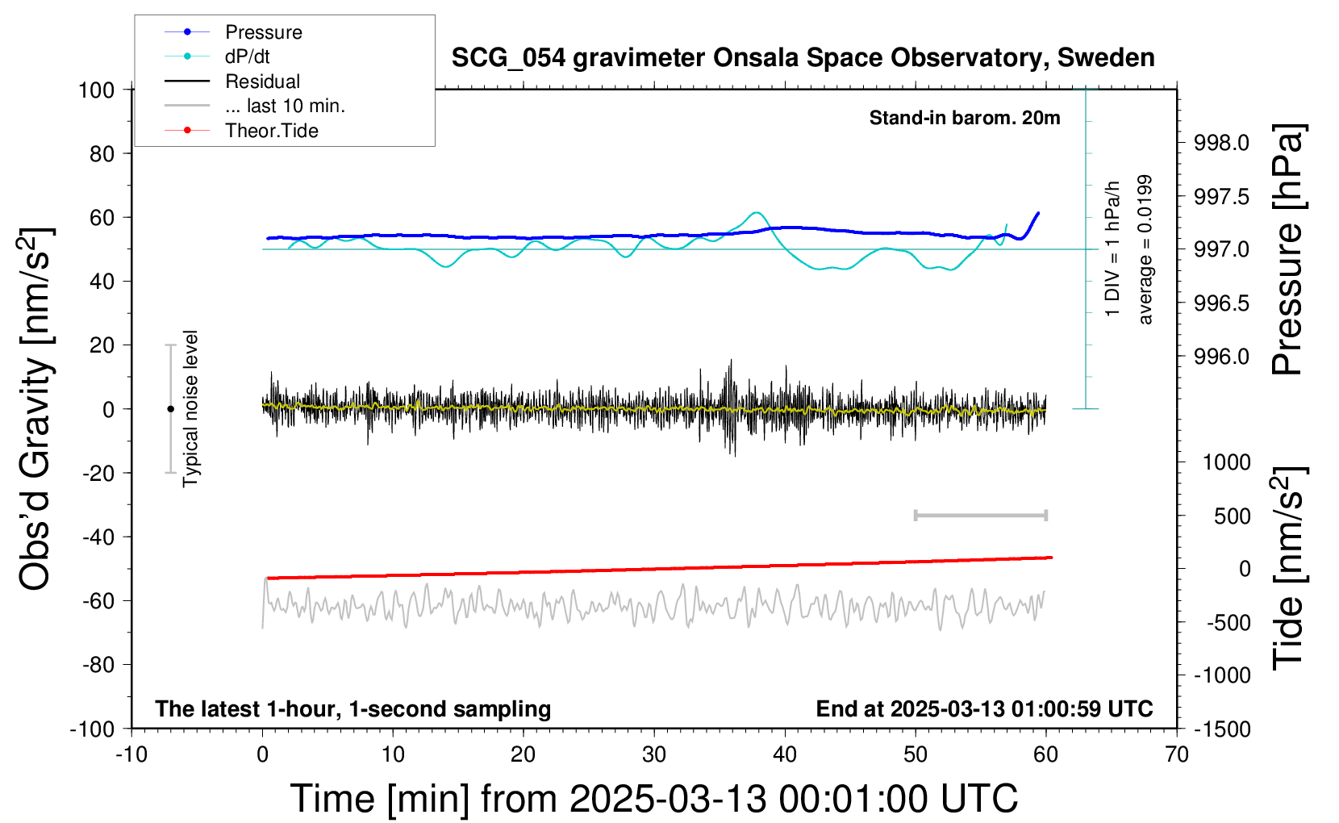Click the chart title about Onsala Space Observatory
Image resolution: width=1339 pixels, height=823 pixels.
click(803, 58)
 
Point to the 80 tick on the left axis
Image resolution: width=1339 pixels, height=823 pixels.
click(102, 153)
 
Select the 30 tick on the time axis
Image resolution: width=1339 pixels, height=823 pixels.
click(654, 754)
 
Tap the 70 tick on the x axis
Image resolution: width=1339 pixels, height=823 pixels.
click(1177, 754)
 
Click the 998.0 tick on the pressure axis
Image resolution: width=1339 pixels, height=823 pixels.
click(1221, 144)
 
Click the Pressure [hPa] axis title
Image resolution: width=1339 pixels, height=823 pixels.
click(1287, 249)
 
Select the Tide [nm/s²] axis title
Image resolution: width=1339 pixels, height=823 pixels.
click(1287, 568)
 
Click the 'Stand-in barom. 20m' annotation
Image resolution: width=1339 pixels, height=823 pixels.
click(965, 118)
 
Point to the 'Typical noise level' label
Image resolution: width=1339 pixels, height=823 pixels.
click(190, 408)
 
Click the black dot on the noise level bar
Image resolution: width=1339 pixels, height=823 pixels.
click(170, 409)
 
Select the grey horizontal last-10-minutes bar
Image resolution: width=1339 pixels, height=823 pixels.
click(980, 515)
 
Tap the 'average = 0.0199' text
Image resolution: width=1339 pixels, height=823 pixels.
click(1145, 250)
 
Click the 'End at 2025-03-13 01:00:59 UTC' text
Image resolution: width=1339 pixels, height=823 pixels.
click(984, 708)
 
